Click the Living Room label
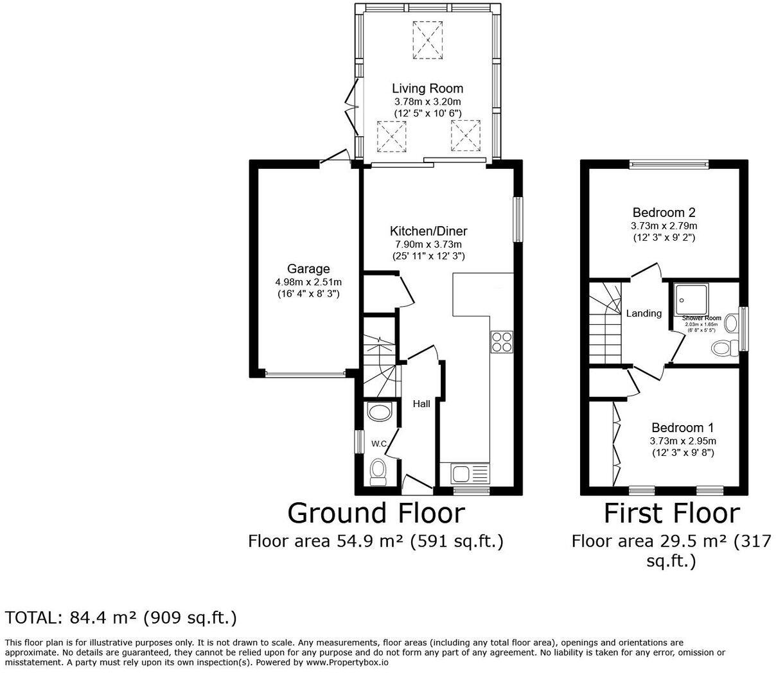point(427,89)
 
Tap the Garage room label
point(308,269)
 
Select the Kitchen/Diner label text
point(428,231)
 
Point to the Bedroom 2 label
point(664,213)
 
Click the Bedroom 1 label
point(682,428)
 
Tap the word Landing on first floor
point(644,313)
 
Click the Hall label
point(421,403)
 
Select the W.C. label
point(379,444)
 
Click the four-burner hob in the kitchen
point(502,342)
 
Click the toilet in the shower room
point(724,347)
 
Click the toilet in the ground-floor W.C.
point(378,471)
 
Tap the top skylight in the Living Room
point(428,38)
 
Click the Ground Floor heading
point(376,513)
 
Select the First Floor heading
point(671,513)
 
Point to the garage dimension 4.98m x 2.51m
point(308,282)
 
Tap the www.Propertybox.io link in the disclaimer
point(346,662)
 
